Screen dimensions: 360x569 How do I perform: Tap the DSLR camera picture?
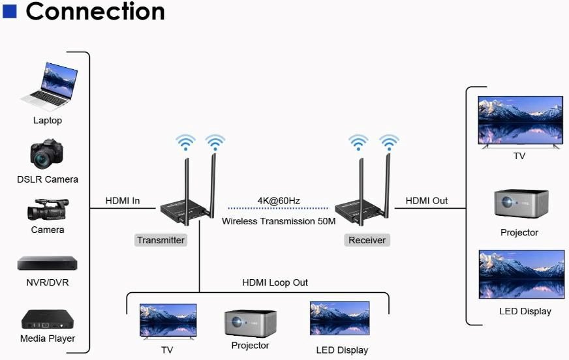tap(47, 154)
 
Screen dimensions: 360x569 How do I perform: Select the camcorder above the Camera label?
tap(47, 210)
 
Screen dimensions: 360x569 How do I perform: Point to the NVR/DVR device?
tap(47, 263)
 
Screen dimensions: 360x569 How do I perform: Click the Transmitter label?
tap(161, 240)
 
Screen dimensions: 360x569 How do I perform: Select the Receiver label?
tap(367, 240)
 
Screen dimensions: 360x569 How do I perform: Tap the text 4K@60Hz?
tap(278, 200)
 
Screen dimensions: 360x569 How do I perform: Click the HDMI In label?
tap(123, 201)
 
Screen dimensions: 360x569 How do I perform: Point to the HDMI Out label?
tap(427, 201)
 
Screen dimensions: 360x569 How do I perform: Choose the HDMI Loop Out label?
tap(275, 282)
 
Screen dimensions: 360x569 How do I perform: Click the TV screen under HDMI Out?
tap(520, 121)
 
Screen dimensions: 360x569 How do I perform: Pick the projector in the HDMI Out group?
tap(521, 203)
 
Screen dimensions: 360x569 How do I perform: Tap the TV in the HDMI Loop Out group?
tap(168, 320)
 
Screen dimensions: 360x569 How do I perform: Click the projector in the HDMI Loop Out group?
tap(250, 322)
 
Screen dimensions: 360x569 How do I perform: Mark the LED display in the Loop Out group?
tap(339, 319)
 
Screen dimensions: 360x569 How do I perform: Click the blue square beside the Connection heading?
tap(9, 10)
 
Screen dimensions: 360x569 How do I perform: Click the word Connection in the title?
tap(95, 11)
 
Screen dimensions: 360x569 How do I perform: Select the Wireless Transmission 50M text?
tap(278, 221)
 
